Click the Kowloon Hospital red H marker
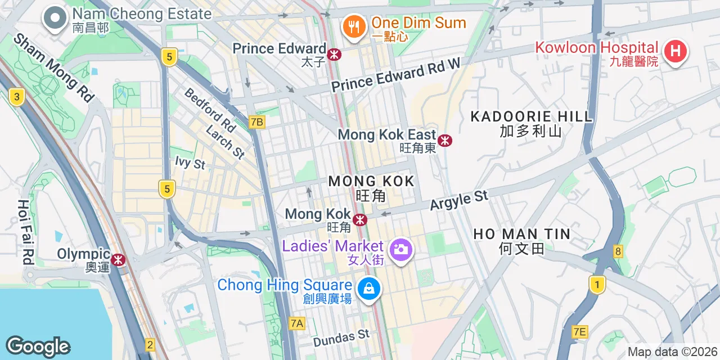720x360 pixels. pos(676,52)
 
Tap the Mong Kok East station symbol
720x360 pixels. pos(445,140)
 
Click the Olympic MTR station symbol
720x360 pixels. pos(118,259)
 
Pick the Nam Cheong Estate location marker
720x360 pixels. pos(55,18)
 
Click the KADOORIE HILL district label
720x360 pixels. pos(532,117)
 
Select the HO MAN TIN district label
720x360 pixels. pos(521,234)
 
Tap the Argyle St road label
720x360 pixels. pos(459,200)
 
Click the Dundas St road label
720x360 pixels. pos(341,338)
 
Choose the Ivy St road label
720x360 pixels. pos(190,163)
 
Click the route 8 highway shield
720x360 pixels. pos(618,251)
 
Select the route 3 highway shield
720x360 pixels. pos(17,97)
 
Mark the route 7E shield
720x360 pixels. pos(579,332)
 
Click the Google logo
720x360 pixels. pos(38,346)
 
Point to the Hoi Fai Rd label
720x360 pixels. pos(25,232)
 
